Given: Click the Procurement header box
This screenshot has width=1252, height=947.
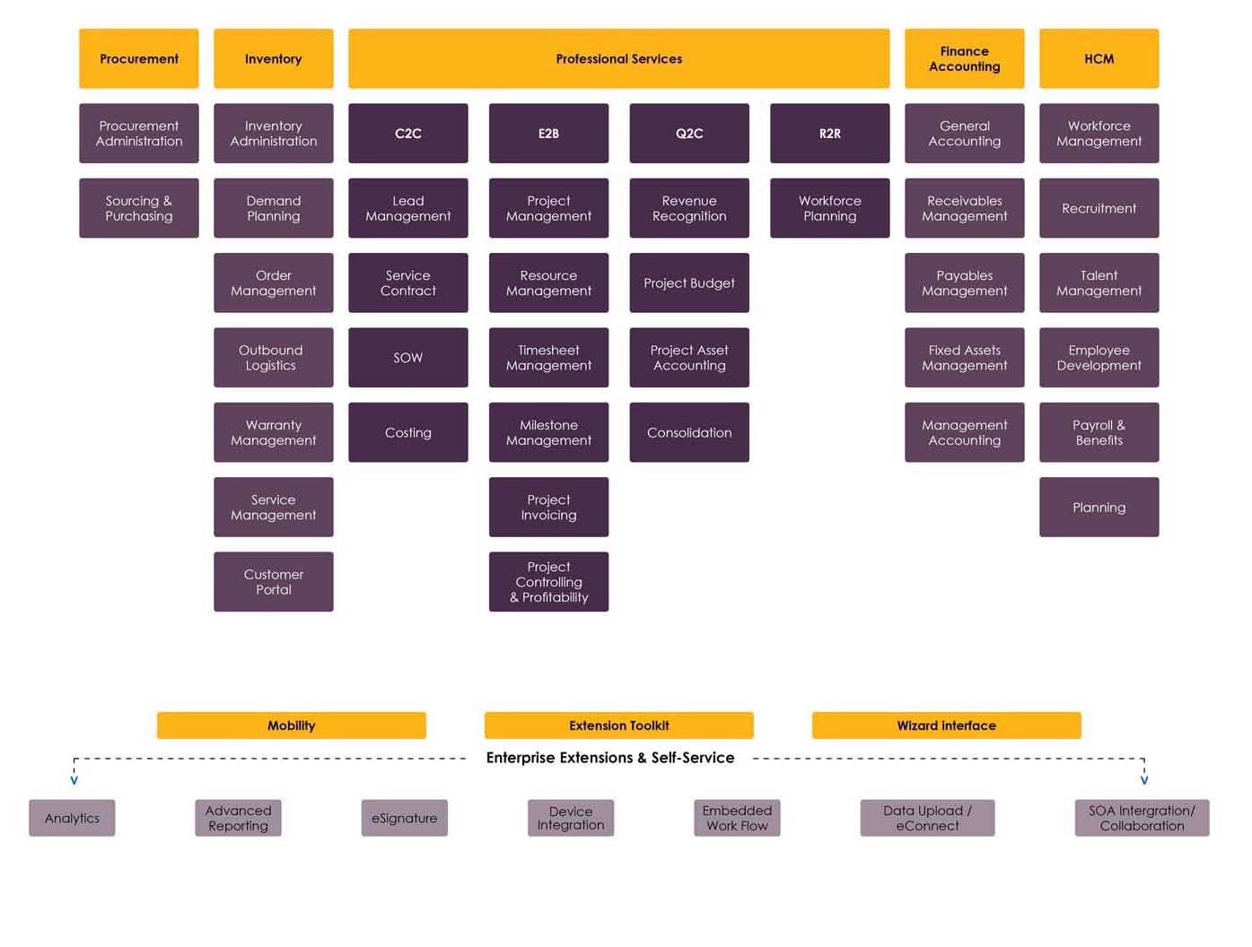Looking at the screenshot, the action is pyautogui.click(x=138, y=58).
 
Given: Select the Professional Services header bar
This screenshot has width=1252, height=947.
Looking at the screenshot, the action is pyautogui.click(x=618, y=58).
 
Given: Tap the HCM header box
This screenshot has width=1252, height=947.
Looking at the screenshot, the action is pyautogui.click(x=1099, y=58).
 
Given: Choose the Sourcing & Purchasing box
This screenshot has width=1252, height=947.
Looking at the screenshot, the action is pyautogui.click(x=138, y=208).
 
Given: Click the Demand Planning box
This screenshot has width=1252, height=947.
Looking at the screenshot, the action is pyautogui.click(x=273, y=208).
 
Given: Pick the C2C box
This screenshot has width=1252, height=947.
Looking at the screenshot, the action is pyautogui.click(x=407, y=134).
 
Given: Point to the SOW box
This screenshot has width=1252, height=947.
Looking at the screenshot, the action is pyautogui.click(x=407, y=357).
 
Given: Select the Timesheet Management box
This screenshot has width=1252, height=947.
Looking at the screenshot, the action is pyautogui.click(x=548, y=357).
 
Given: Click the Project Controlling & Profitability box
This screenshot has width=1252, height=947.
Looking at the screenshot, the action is pyautogui.click(x=548, y=581).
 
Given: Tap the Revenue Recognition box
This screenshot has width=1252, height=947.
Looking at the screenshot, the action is pyautogui.click(x=689, y=208).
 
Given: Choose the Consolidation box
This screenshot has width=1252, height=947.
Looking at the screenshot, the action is pyautogui.click(x=689, y=432).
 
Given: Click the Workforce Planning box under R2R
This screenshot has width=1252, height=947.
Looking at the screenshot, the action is pyautogui.click(x=829, y=208).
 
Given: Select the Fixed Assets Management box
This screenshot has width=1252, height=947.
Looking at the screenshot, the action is pyautogui.click(x=964, y=357).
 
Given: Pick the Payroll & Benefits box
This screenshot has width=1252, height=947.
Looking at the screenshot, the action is pyautogui.click(x=1099, y=432).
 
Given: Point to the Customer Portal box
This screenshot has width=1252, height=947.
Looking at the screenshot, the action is pyautogui.click(x=273, y=581).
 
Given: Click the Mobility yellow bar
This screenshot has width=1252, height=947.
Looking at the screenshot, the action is pyautogui.click(x=291, y=725).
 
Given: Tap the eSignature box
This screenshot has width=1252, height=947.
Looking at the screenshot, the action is pyautogui.click(x=404, y=818).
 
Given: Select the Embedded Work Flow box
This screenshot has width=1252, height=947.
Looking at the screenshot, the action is pyautogui.click(x=736, y=818).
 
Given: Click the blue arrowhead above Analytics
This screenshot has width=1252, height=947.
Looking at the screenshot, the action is pyautogui.click(x=74, y=780).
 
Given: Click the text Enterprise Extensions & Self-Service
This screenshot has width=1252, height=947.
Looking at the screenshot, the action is pyautogui.click(x=609, y=757).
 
